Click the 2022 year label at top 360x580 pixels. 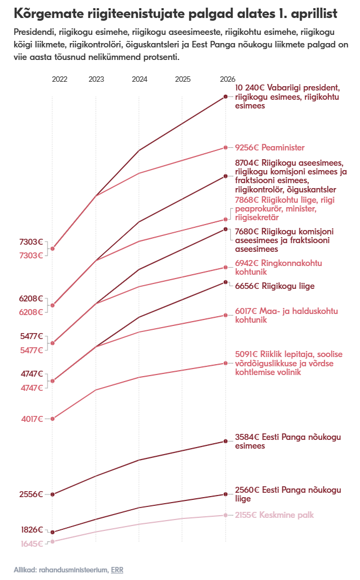[x=59, y=80]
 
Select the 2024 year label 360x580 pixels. [x=140, y=80]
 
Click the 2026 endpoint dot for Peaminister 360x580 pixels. [x=225, y=148]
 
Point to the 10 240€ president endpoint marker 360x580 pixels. [x=225, y=96]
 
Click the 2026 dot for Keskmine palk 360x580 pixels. [x=225, y=515]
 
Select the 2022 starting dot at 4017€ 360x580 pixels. [x=52, y=419]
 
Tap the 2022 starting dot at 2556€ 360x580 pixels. [x=52, y=494]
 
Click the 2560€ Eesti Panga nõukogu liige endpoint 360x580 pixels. [x=225, y=494]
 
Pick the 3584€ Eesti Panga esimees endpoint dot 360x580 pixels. [x=225, y=441]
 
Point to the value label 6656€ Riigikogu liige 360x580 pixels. [x=274, y=286]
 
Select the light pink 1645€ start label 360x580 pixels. [x=32, y=544]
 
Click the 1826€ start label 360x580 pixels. [x=32, y=530]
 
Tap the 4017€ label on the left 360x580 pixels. [x=32, y=419]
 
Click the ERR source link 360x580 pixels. [x=117, y=570]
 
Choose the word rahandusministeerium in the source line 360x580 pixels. [x=73, y=570]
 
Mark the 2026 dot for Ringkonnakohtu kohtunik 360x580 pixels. [x=225, y=267]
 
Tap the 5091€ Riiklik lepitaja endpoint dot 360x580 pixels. [x=225, y=363]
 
